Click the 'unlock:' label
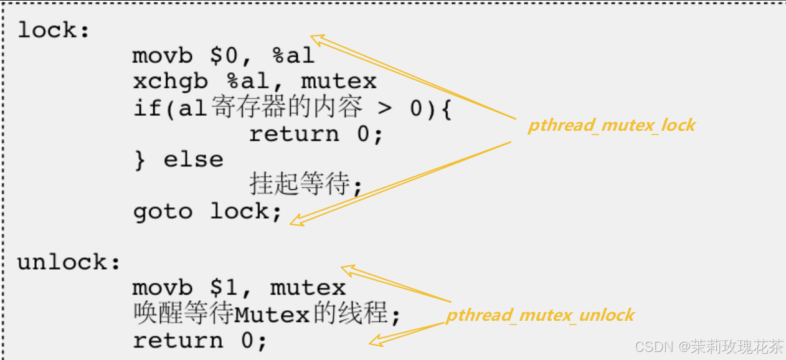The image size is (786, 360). click(69, 262)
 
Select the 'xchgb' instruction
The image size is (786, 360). click(170, 82)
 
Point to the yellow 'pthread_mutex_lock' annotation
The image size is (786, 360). click(611, 125)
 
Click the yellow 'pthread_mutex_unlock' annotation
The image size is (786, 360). click(539, 315)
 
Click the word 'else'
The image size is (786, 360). click(193, 159)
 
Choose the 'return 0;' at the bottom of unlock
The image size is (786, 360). click(200, 340)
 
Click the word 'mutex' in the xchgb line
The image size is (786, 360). click(339, 82)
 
